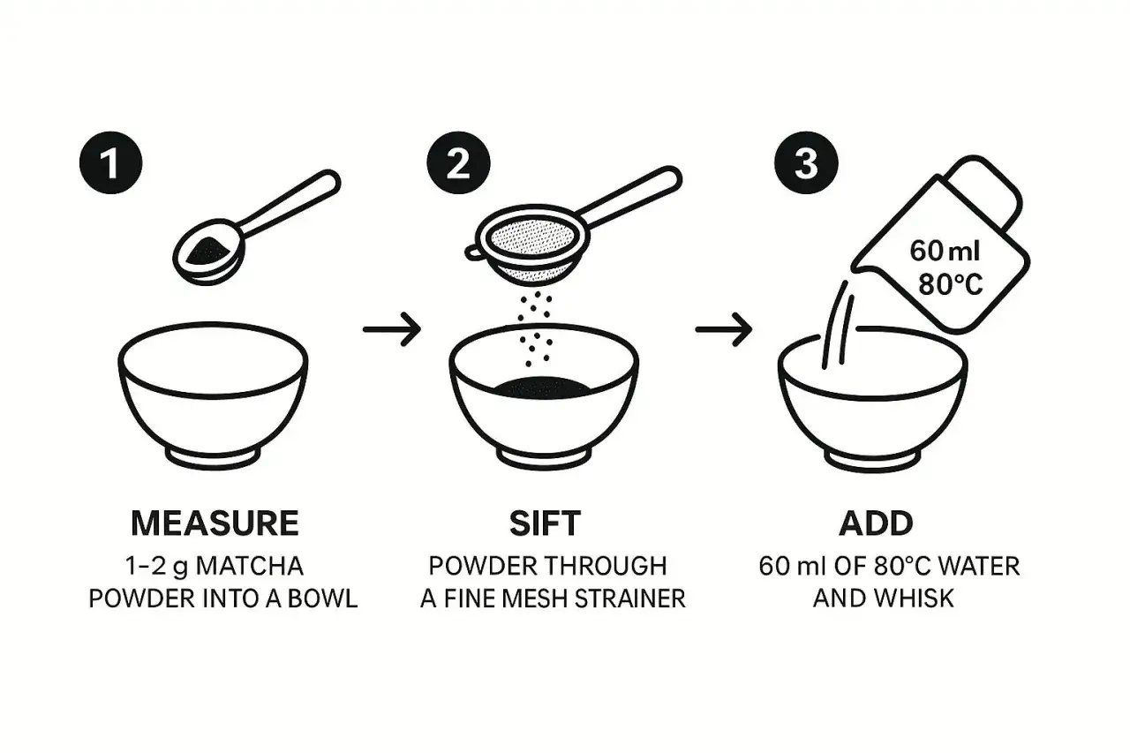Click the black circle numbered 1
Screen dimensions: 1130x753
pos(111,163)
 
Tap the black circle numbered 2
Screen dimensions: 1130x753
pos(458,163)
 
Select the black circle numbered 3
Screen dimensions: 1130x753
pos(806,163)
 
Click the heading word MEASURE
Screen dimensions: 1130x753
pos(215,523)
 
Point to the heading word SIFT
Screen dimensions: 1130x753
pos(545,523)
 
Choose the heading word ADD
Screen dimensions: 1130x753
pos(877,523)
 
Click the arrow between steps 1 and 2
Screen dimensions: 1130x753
pos(392,329)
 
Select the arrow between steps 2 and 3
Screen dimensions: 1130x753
pos(724,329)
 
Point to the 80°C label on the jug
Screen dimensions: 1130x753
pos(951,285)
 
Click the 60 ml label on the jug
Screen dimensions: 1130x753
pos(945,251)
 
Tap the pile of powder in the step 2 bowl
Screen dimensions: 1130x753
pos(542,387)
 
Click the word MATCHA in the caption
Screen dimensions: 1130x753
pos(249,566)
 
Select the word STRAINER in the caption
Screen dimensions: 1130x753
pos(629,599)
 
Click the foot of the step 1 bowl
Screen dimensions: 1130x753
pos(213,457)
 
